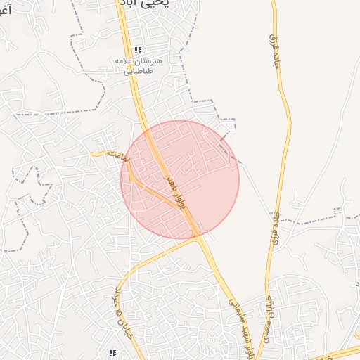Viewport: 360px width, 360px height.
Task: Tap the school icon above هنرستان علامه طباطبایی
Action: tap(138, 50)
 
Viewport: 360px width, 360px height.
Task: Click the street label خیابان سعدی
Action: tap(269, 316)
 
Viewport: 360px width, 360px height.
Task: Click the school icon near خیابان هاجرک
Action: tap(111, 352)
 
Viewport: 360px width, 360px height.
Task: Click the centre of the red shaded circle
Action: tap(180, 179)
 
